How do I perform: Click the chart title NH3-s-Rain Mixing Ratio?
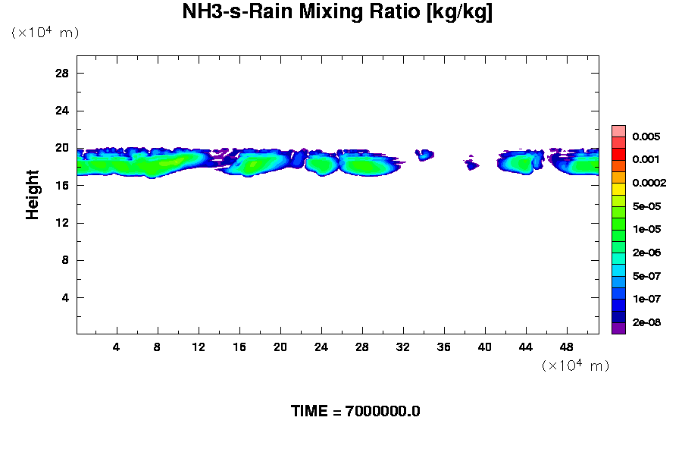[337, 13]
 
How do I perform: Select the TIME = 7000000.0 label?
[355, 411]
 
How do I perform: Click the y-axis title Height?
[33, 195]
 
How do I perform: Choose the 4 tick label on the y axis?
[65, 297]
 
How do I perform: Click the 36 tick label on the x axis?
[444, 347]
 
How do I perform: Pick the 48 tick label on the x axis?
[567, 347]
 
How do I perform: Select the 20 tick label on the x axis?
[280, 347]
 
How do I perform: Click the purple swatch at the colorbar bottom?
[618, 328]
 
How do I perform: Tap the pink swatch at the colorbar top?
[618, 130]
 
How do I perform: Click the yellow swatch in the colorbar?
[618, 188]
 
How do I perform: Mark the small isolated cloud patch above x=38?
[472, 165]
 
